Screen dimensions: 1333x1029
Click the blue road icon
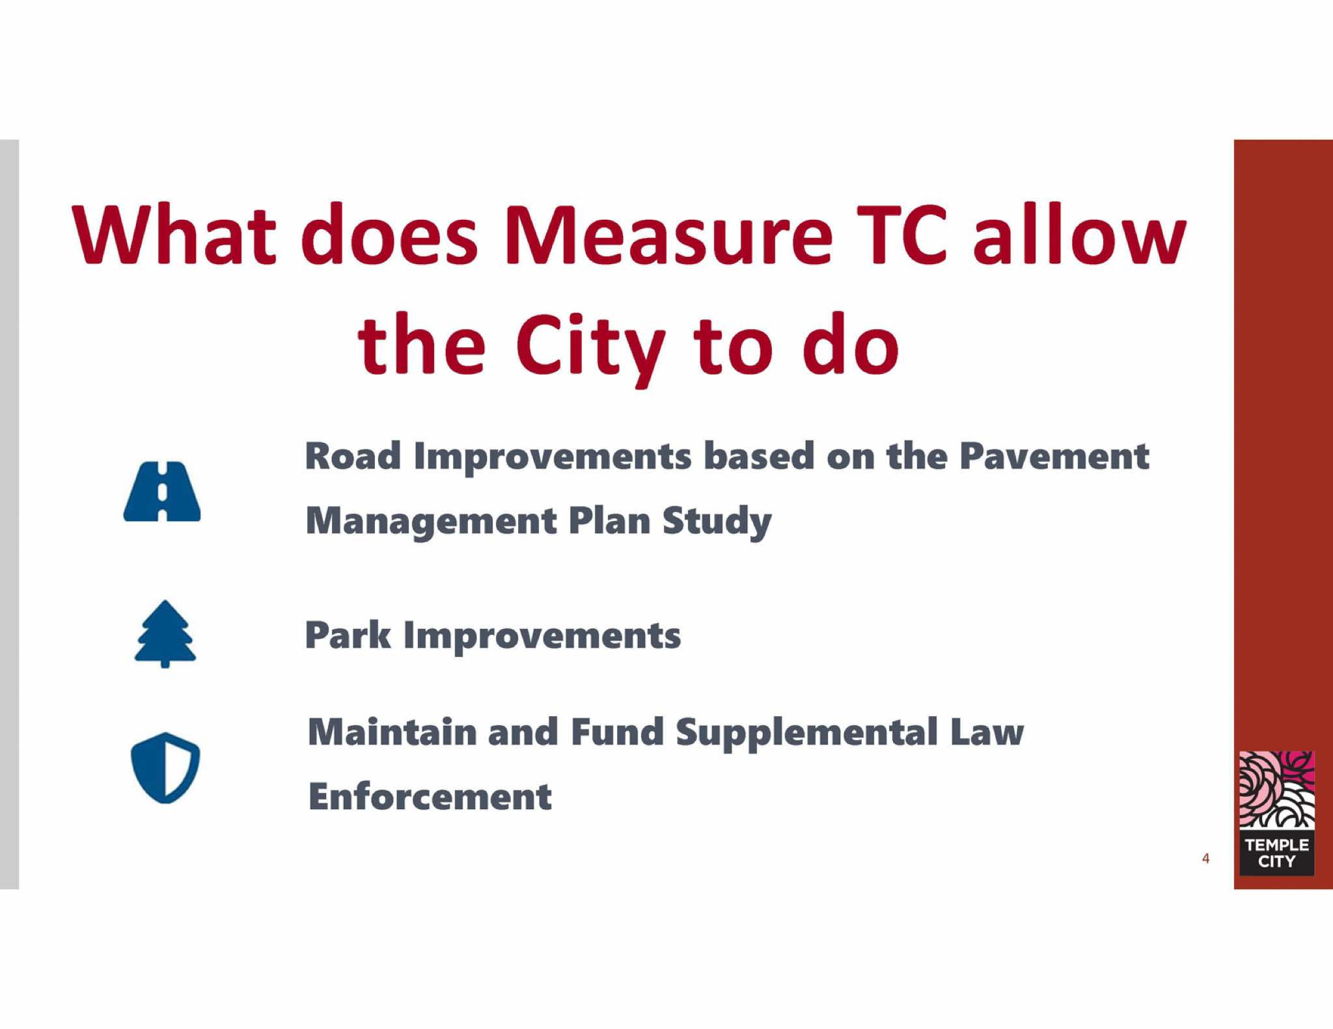coord(162,491)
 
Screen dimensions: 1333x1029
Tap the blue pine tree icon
coord(165,634)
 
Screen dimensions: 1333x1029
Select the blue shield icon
coord(165,768)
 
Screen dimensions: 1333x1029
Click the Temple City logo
coord(1276,813)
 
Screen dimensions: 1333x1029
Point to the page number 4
coord(1205,859)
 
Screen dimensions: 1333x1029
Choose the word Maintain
coord(392,732)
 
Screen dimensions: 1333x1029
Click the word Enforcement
coord(430,797)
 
